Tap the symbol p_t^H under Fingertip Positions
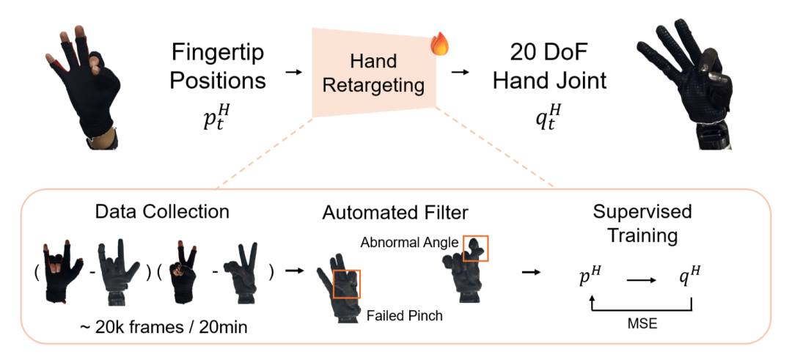[x=217, y=117]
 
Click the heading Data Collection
[x=163, y=213]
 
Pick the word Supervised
[x=642, y=213]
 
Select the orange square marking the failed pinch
[x=346, y=283]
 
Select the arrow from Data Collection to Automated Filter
[x=295, y=271]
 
